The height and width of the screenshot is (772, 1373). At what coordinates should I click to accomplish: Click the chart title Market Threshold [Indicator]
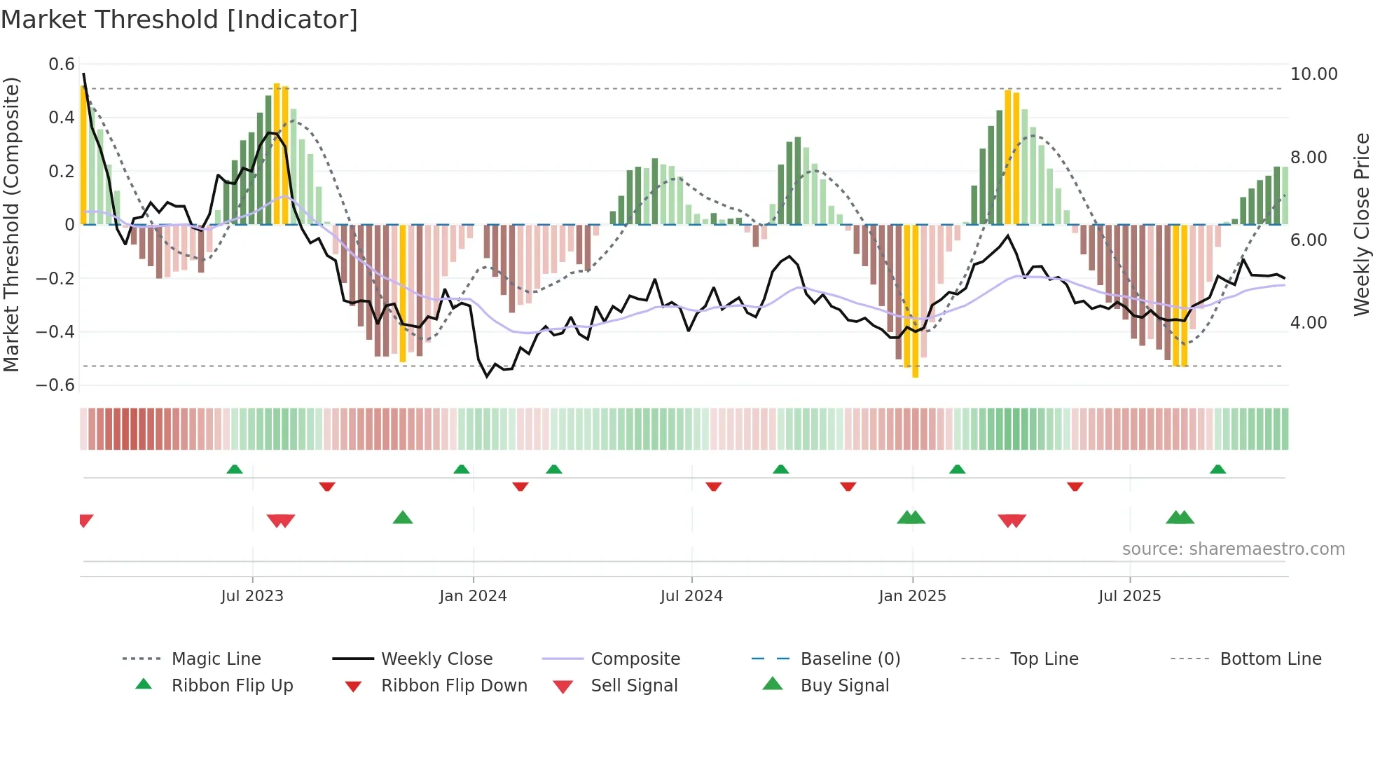click(x=179, y=20)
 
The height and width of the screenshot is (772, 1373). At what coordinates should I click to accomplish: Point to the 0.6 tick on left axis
click(x=62, y=64)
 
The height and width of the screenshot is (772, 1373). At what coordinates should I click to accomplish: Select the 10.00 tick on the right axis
click(x=1313, y=74)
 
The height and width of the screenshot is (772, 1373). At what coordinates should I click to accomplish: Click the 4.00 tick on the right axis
click(x=1308, y=323)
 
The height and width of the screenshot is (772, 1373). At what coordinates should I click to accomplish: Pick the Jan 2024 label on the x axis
click(x=473, y=596)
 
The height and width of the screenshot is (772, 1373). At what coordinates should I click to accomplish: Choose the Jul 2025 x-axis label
click(x=1129, y=596)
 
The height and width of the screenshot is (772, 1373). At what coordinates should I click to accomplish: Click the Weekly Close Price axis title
click(x=1361, y=224)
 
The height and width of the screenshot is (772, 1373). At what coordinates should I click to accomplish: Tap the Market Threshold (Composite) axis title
click(x=11, y=224)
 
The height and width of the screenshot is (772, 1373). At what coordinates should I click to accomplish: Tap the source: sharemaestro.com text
click(x=1233, y=549)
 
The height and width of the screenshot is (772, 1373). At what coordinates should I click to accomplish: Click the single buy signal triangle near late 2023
click(x=403, y=518)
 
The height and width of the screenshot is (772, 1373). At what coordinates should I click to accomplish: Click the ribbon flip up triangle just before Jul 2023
click(x=235, y=469)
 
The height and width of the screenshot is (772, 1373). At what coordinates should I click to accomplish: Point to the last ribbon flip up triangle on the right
click(x=1217, y=469)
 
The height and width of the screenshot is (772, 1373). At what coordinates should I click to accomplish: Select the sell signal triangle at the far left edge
click(x=85, y=520)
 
